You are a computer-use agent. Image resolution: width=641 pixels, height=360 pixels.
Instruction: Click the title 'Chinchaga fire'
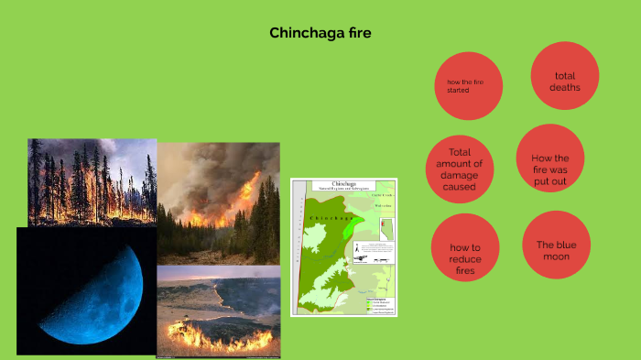coord(320,33)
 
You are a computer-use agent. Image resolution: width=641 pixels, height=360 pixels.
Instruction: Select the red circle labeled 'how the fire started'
coord(468,86)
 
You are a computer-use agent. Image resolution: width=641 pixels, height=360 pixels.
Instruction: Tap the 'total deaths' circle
coord(564,81)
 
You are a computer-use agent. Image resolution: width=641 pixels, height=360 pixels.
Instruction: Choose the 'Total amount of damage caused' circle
coord(459,169)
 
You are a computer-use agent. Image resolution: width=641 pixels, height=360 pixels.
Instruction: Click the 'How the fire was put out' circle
coord(549,170)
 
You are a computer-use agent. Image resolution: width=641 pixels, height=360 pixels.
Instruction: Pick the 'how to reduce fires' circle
coord(464,258)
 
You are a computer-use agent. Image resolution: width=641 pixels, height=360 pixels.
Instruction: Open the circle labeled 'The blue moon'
coord(557,250)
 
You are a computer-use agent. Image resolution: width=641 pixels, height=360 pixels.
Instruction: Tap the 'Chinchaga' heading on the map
coord(343,184)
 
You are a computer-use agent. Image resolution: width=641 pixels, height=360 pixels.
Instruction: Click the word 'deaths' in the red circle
coord(564,87)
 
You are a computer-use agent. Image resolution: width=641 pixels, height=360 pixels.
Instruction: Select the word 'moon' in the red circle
coord(557,257)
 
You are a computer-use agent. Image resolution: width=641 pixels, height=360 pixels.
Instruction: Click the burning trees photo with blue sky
coord(92,181)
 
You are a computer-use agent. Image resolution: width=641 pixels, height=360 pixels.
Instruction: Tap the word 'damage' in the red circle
coord(459,174)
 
